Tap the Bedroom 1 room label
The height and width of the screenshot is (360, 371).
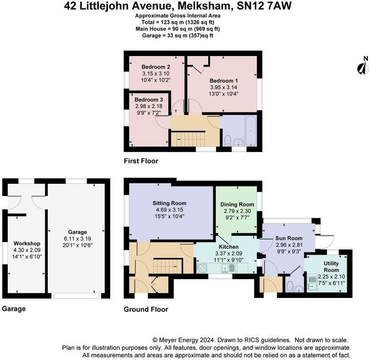click(224, 81)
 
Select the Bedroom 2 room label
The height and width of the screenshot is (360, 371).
click(156, 67)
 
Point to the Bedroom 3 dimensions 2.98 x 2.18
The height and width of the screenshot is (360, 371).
click(149, 106)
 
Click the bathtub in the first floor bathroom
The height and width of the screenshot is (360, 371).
click(251, 130)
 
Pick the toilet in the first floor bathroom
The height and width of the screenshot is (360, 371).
click(228, 140)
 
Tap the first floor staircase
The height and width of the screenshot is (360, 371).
click(188, 139)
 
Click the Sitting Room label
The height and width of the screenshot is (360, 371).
click(169, 203)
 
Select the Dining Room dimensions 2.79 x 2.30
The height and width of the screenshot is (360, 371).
click(237, 211)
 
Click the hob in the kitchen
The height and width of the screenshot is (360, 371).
click(202, 268)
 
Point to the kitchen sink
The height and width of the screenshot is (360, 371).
click(228, 268)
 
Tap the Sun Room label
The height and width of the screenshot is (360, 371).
click(289, 238)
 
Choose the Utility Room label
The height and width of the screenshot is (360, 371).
click(331, 266)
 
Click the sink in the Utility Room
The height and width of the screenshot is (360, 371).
click(312, 282)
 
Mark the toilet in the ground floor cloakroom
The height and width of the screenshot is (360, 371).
click(289, 287)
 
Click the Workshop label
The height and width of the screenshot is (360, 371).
click(27, 243)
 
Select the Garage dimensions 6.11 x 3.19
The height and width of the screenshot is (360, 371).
click(78, 239)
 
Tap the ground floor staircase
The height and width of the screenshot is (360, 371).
click(168, 266)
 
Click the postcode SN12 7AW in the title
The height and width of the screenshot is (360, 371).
click(264, 6)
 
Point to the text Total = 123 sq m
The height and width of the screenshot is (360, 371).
click(163, 22)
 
